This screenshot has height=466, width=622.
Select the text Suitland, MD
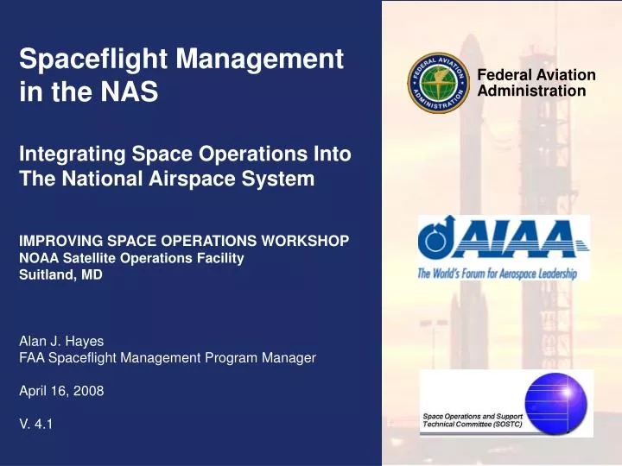60,274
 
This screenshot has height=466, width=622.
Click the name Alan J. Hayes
61,341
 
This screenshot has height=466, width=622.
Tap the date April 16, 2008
61,390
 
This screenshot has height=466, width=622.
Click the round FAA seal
438,83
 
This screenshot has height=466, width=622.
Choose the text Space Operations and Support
471,417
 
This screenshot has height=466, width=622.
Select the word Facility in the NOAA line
219,258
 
